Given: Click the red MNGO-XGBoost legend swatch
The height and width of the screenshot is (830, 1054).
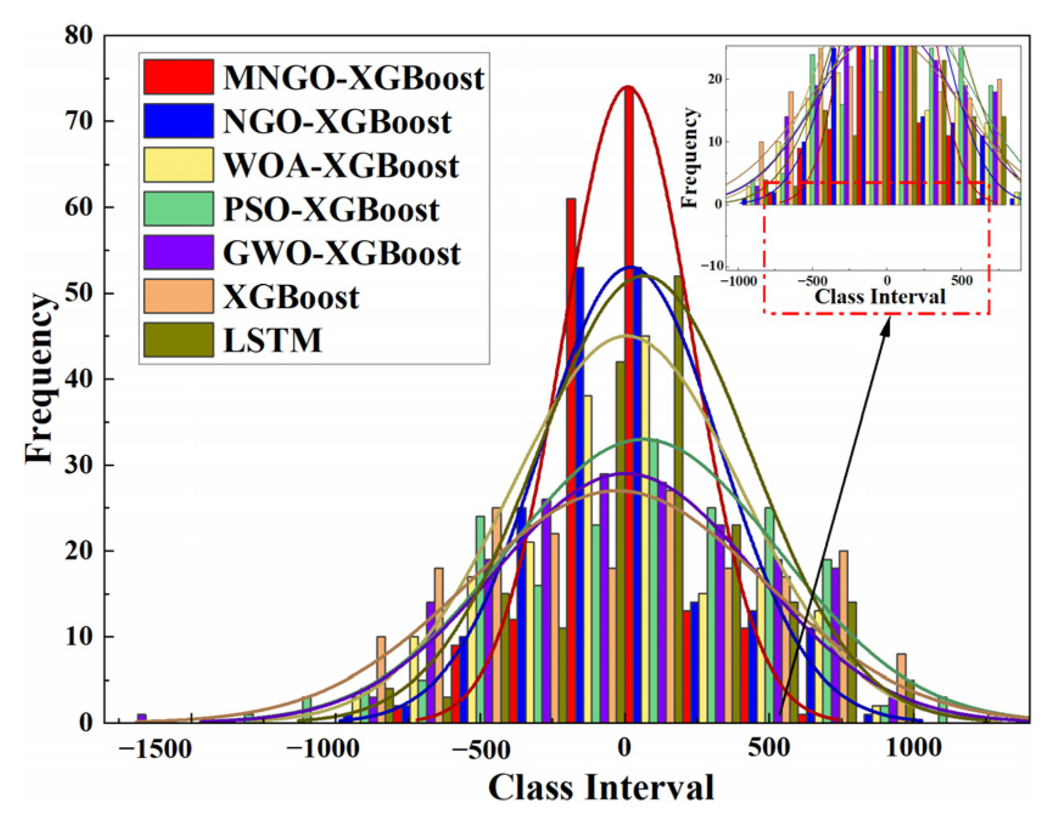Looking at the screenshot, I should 178,77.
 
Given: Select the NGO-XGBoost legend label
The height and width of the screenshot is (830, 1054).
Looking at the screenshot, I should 337,122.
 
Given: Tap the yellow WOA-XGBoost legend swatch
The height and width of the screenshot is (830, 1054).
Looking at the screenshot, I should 178,164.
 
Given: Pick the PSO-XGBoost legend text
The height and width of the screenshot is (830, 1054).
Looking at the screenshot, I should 331,209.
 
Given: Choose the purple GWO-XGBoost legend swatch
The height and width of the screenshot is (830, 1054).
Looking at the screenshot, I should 178,252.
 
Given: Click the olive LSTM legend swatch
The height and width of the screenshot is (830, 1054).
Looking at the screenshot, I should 178,339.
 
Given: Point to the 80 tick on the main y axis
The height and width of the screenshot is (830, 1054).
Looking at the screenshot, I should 79,35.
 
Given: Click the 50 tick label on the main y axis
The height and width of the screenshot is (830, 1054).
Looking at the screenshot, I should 79,293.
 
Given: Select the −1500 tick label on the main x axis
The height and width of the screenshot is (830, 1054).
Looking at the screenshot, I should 155,748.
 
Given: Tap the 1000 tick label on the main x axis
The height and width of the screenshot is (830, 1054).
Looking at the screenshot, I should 913,747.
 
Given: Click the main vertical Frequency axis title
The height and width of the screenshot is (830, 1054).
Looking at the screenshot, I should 40,379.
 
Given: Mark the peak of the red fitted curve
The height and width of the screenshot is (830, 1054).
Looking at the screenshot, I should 628,87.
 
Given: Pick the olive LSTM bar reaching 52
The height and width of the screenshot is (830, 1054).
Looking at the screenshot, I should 678,487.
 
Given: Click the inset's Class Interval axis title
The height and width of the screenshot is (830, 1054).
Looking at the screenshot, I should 880,297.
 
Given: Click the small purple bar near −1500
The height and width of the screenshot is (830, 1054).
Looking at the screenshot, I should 141,718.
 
